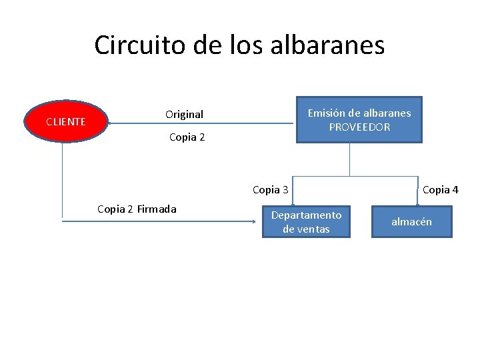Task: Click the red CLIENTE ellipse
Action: pos(65,122)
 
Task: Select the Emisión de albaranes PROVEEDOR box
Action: pos(359,120)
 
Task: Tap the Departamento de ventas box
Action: pos(306,222)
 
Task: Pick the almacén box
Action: pos(411,222)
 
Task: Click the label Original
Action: pos(184,115)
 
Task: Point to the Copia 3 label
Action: pos(270,190)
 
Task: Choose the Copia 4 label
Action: pos(440,190)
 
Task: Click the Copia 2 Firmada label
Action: pos(137,209)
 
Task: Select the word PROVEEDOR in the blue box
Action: pos(359,127)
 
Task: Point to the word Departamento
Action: pos(306,215)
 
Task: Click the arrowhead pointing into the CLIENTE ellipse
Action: pos(111,123)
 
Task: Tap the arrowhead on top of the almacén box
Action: pos(417,205)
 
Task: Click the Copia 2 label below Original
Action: pos(187,137)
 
